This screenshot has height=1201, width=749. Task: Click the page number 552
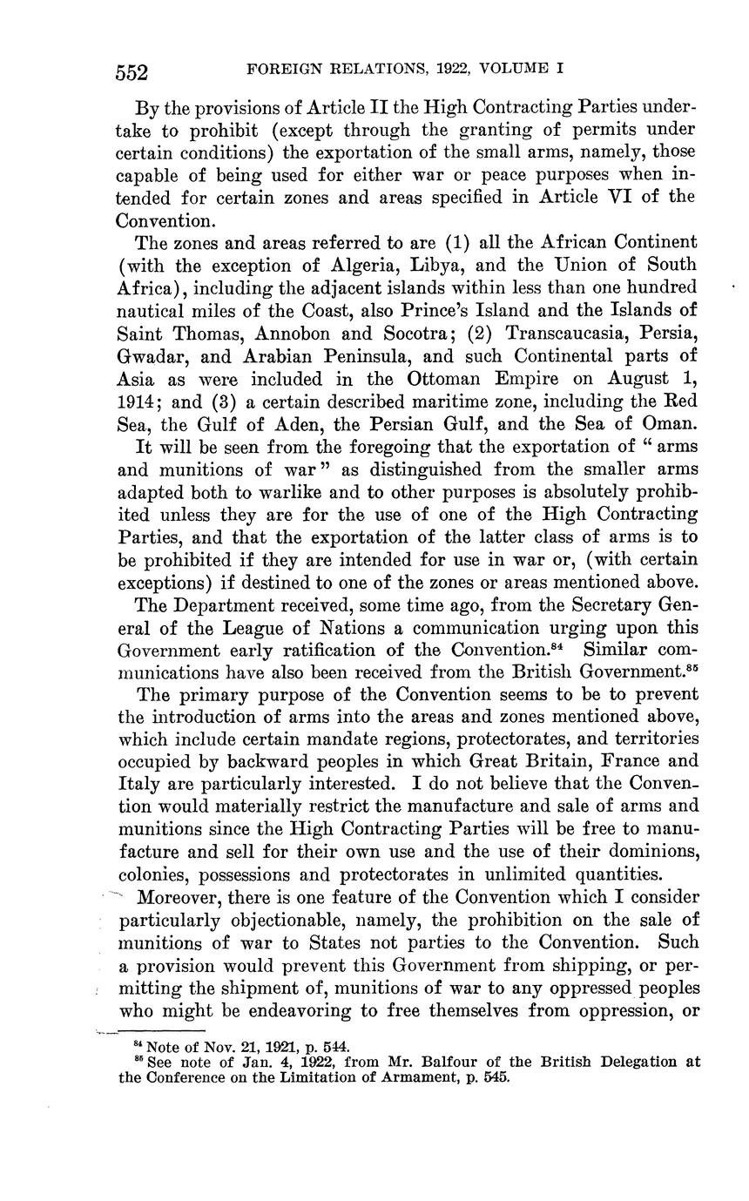(x=132, y=71)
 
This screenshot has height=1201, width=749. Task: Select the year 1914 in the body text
(x=138, y=401)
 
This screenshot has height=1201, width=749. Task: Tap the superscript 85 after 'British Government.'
(x=692, y=669)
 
